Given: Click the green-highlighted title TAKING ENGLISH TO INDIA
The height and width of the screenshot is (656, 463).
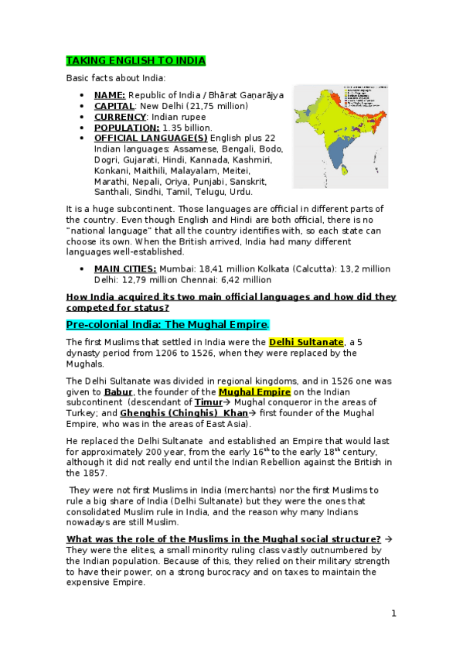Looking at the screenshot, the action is pyautogui.click(x=135, y=60).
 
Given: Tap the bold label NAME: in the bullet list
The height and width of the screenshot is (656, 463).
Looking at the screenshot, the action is pyautogui.click(x=110, y=94).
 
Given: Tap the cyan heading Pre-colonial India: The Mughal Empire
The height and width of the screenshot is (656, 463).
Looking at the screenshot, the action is pyautogui.click(x=167, y=324).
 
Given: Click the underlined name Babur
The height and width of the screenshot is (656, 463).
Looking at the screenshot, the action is pyautogui.click(x=118, y=391).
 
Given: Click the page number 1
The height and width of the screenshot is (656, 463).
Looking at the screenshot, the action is pyautogui.click(x=393, y=613).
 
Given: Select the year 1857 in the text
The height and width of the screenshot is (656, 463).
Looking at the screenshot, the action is pyautogui.click(x=97, y=473).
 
